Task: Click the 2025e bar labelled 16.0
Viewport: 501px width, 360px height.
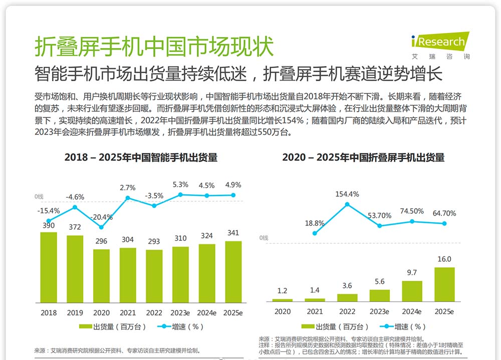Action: [x=444, y=284]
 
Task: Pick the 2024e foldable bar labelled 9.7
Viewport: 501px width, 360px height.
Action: [x=412, y=291]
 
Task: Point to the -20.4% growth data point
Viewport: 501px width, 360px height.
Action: [x=101, y=227]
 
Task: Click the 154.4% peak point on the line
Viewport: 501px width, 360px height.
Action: [x=347, y=204]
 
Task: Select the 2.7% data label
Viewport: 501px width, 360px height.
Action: [x=128, y=188]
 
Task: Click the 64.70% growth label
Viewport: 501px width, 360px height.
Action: [x=444, y=213]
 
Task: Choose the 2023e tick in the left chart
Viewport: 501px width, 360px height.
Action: [x=180, y=312]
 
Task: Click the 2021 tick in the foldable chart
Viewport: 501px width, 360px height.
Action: [x=315, y=311]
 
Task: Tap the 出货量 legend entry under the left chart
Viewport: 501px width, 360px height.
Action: [x=113, y=326]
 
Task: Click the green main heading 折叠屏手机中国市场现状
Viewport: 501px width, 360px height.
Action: [x=154, y=48]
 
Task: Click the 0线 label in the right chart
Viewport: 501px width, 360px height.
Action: [x=264, y=238]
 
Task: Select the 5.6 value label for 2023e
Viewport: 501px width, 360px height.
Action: [x=379, y=282]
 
